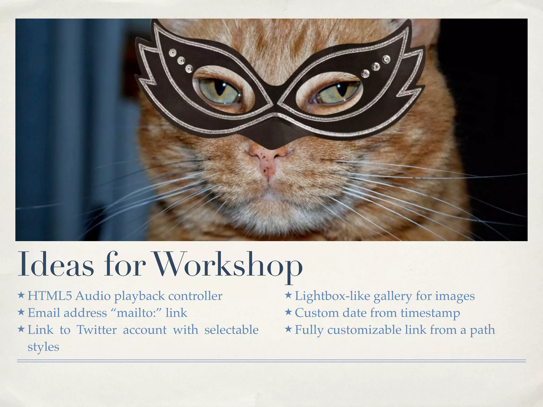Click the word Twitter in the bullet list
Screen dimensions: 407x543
pos(97,330)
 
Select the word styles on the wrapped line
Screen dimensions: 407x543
pos(43,347)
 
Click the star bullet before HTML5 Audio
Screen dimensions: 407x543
pos(21,295)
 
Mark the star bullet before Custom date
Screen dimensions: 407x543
pos(288,312)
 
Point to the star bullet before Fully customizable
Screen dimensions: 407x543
pos(288,329)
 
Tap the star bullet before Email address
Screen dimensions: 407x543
pos(21,312)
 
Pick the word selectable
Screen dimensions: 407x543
pos(231,330)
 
